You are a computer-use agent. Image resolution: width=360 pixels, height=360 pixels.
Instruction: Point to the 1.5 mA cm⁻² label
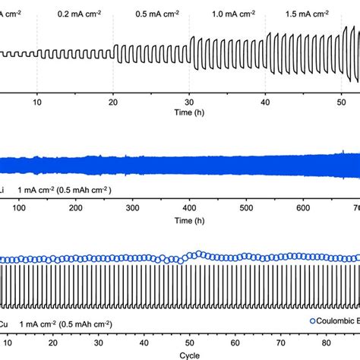point(302,14)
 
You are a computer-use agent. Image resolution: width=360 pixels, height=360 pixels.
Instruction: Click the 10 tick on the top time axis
point(37,101)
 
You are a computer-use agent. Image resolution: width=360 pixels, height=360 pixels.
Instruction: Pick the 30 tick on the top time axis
point(189,101)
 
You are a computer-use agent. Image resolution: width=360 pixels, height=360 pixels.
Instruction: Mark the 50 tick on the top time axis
point(340,101)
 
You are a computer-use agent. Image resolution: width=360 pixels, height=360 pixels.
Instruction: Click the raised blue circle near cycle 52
point(198,254)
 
